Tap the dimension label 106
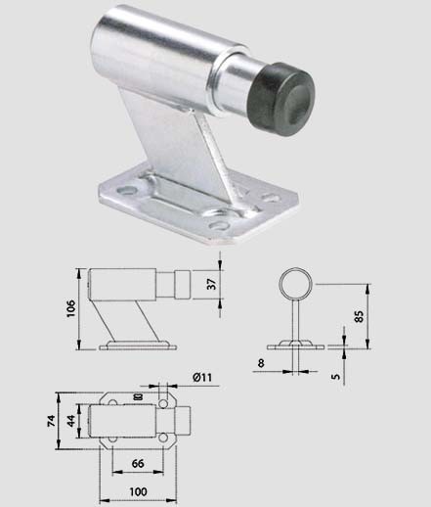pyautogui.click(x=70, y=308)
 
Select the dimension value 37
pyautogui.click(x=212, y=284)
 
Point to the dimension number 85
pyautogui.click(x=359, y=316)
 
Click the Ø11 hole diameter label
pyautogui.click(x=202, y=378)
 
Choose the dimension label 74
pyautogui.click(x=52, y=421)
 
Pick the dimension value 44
pyautogui.click(x=71, y=421)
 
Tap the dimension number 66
pyautogui.click(x=138, y=464)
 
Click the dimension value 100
pyautogui.click(x=138, y=491)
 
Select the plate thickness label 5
pyautogui.click(x=335, y=376)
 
